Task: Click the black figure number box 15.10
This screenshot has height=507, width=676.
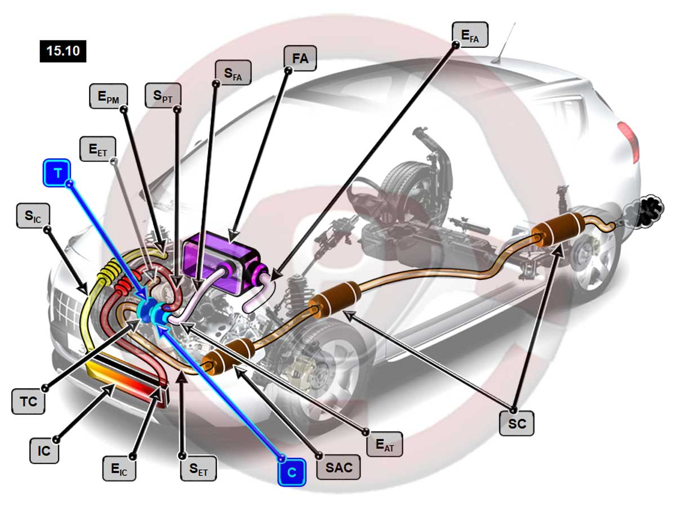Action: point(63,51)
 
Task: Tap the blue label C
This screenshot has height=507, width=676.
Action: point(291,472)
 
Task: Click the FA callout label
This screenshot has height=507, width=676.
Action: point(300,59)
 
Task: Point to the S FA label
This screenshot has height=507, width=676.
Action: point(233,72)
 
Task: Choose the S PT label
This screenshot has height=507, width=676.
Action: point(163,96)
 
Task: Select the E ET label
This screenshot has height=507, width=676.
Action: point(98,149)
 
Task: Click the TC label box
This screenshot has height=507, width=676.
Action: point(28,402)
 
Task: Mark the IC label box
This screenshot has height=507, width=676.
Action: point(44,451)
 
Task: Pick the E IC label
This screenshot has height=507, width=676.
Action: point(119,468)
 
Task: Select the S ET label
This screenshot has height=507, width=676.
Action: point(198,468)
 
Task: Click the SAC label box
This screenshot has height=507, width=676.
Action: point(339,467)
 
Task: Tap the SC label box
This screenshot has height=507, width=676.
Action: point(517,422)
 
